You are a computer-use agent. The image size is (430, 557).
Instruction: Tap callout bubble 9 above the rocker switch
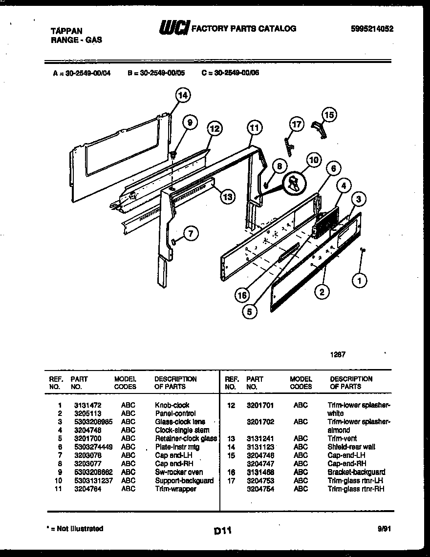coord(190,122)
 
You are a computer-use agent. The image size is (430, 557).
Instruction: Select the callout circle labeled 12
coord(214,129)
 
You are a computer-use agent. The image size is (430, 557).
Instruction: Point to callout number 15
coord(329,115)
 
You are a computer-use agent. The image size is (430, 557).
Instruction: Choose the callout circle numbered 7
coord(191,234)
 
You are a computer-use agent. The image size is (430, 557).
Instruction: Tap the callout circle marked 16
coord(242,295)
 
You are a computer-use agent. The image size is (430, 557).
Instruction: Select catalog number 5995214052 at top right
coord(372,29)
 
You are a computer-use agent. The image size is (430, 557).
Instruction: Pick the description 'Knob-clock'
coord(172,405)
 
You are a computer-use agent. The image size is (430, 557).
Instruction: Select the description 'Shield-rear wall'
coord(351,447)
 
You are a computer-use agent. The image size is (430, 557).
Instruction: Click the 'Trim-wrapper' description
coord(175,489)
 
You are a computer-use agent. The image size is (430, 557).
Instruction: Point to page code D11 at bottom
coord(222,530)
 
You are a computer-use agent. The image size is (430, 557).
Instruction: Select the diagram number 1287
coord(338,355)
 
